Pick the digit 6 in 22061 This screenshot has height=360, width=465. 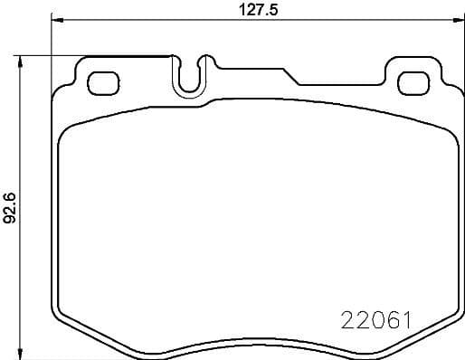point(390,321)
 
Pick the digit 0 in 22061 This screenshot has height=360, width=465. point(374,321)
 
